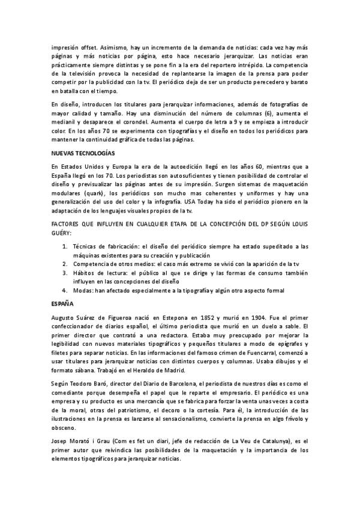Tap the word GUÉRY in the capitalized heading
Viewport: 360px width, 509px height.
pos(61,232)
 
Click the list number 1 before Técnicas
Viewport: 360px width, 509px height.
pos(65,246)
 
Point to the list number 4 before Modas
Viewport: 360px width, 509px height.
pos(65,290)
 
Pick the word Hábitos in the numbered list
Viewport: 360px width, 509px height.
pos(85,272)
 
